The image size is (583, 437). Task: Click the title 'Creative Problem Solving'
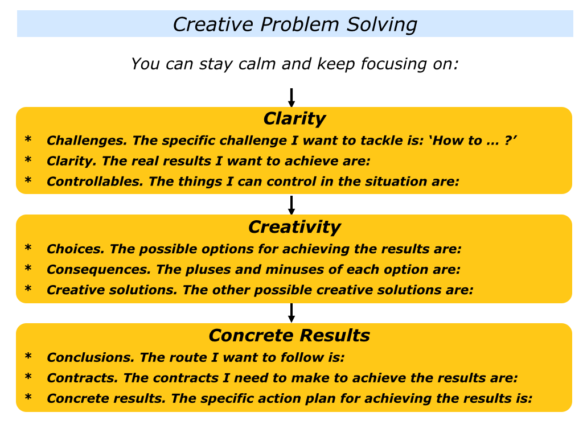(295, 24)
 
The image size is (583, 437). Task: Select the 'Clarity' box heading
(294, 119)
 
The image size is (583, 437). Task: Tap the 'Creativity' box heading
(294, 226)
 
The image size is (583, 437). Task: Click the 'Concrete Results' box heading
(289, 335)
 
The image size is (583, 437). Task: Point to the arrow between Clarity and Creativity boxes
(291, 205)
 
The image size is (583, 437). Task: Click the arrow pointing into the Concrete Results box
(291, 313)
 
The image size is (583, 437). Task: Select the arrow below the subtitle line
(291, 98)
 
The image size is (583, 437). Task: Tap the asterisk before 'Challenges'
(28, 139)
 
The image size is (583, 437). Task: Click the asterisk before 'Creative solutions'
(28, 288)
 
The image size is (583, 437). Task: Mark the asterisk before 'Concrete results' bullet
(28, 397)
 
